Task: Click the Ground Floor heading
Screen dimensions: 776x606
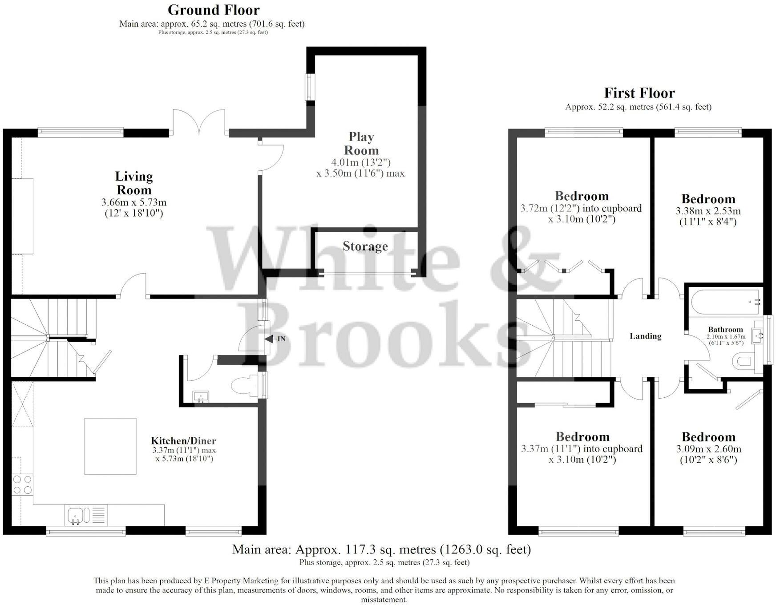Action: click(214, 10)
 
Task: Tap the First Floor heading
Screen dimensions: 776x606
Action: click(639, 93)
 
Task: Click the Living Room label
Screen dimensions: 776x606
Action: click(134, 183)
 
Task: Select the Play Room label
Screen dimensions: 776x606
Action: click(361, 143)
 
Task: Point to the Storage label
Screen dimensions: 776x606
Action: click(365, 246)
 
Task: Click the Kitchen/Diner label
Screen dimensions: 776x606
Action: click(183, 441)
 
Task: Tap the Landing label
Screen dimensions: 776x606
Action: click(645, 336)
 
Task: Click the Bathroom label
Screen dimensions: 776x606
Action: click(725, 330)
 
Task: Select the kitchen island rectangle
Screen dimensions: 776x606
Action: click(110, 446)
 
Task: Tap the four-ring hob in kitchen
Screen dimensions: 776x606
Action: click(22, 485)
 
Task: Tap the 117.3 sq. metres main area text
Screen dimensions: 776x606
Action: click(381, 549)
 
